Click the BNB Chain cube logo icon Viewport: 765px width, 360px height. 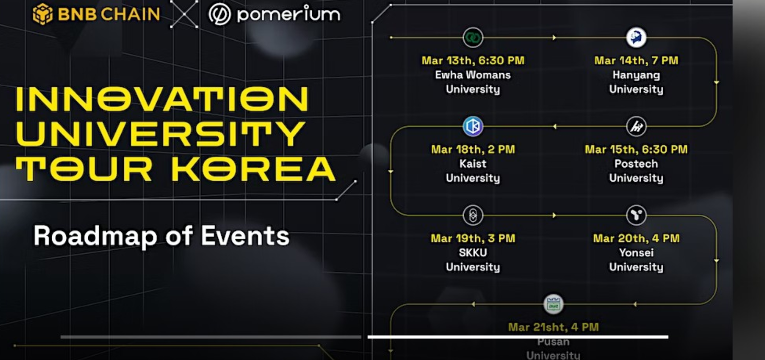[43, 14]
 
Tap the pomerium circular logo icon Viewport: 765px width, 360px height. [220, 14]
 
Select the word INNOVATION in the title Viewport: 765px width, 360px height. [162, 99]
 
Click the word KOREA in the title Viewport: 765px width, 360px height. [253, 169]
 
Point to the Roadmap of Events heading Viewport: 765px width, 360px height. [161, 236]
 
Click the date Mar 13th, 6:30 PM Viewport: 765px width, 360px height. [473, 61]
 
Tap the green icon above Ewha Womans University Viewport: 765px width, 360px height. [473, 37]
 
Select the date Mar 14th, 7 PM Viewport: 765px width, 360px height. [636, 61]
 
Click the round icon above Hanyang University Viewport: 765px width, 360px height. [636, 37]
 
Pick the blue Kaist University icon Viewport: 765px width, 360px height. [473, 126]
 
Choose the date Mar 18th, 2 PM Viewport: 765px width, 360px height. [473, 149]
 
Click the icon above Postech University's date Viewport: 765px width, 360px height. [636, 126]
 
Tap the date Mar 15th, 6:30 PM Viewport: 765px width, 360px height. [636, 149]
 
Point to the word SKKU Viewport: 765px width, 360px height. [473, 253]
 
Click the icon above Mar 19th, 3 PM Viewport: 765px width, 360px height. [473, 215]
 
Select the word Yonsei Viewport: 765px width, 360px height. [636, 253]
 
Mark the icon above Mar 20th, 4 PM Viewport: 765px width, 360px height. [636, 215]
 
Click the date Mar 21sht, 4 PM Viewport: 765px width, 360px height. [554, 327]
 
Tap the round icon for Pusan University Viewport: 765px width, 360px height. [554, 304]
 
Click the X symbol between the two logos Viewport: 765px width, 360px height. [184, 14]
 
